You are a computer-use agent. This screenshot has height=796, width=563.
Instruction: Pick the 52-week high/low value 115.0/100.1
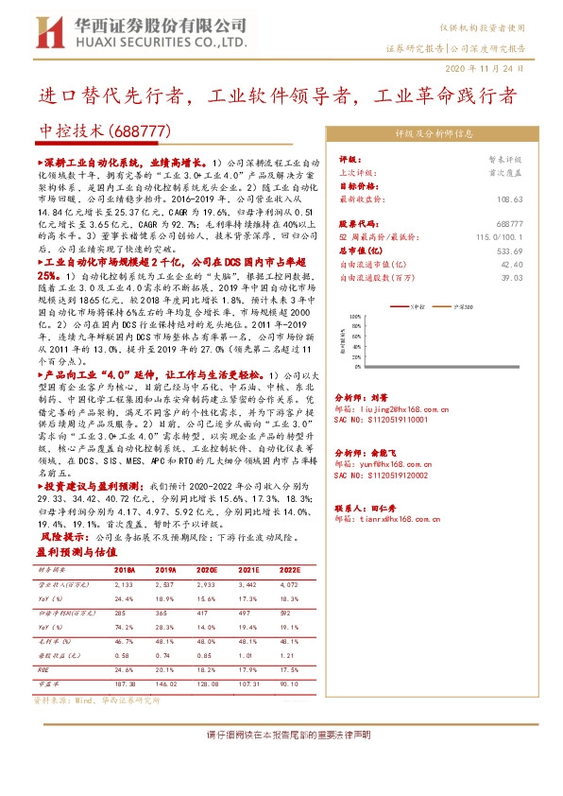(x=498, y=237)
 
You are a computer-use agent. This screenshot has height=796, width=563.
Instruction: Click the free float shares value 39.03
(x=512, y=278)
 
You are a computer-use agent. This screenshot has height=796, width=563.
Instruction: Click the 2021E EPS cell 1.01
(x=248, y=655)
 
